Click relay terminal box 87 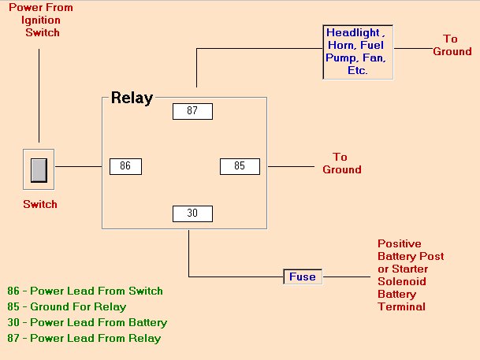click(x=192, y=111)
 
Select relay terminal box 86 click(x=125, y=166)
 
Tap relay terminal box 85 click(x=240, y=166)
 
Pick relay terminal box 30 click(x=192, y=213)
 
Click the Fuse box click(x=303, y=276)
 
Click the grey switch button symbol click(x=39, y=170)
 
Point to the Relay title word click(x=132, y=98)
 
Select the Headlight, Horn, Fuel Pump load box click(x=359, y=51)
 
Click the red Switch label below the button click(x=39, y=204)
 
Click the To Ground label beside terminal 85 click(x=341, y=164)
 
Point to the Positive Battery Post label click(x=410, y=251)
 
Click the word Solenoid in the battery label click(x=400, y=281)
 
